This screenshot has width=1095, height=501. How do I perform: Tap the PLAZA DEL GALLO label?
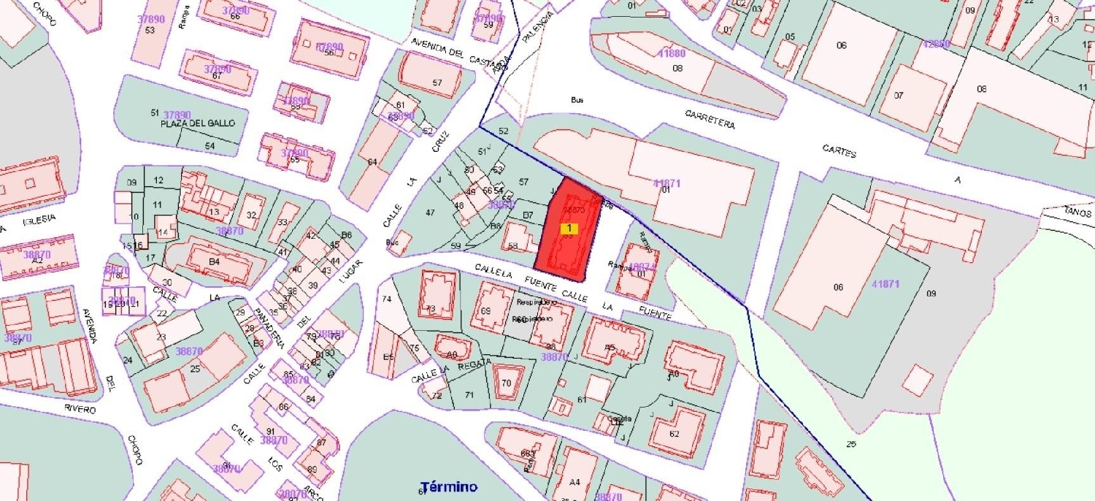(x=199, y=123)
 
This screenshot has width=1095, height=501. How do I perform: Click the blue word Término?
(x=449, y=486)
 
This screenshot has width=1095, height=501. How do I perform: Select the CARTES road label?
(x=839, y=152)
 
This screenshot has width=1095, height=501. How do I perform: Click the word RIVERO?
(x=79, y=409)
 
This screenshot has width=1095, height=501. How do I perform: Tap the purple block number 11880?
(x=672, y=53)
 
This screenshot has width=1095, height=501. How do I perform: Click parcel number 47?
(x=430, y=213)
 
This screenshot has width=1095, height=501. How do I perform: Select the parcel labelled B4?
(x=214, y=261)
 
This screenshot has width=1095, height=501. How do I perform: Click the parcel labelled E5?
(x=388, y=356)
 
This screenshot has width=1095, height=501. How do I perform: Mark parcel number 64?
(x=372, y=161)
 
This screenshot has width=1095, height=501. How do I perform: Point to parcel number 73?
(x=431, y=309)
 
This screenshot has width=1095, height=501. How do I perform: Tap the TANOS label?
(x=1077, y=211)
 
